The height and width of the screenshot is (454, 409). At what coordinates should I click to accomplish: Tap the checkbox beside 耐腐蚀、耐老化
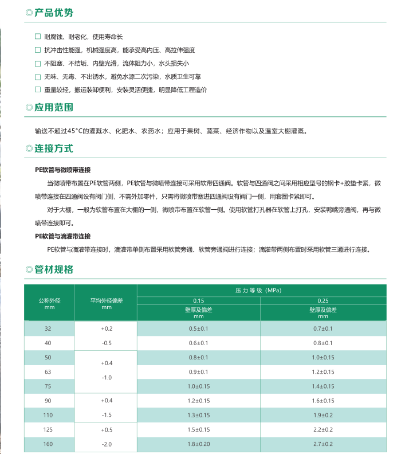tap(38, 37)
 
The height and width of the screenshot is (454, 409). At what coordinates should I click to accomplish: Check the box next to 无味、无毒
tap(38, 76)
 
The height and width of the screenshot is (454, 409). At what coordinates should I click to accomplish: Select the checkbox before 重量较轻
tap(38, 89)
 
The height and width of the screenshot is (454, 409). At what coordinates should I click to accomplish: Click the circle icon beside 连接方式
tap(29, 148)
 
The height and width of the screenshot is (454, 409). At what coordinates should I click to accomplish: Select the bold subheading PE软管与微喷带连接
tap(63, 170)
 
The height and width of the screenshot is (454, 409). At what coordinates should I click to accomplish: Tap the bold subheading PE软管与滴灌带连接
tap(63, 236)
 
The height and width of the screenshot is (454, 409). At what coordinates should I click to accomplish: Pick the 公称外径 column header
tap(49, 300)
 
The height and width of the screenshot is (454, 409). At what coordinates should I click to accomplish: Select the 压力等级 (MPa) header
tap(259, 291)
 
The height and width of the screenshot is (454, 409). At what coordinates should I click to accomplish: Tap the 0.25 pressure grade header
tap(323, 300)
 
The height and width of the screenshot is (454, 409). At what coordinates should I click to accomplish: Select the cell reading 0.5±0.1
tap(198, 328)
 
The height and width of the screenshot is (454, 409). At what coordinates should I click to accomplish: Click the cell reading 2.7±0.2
tap(323, 444)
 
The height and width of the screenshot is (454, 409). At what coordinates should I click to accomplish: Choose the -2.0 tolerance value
tap(107, 444)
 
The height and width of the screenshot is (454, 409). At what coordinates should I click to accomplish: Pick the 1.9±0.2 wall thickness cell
tap(323, 414)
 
